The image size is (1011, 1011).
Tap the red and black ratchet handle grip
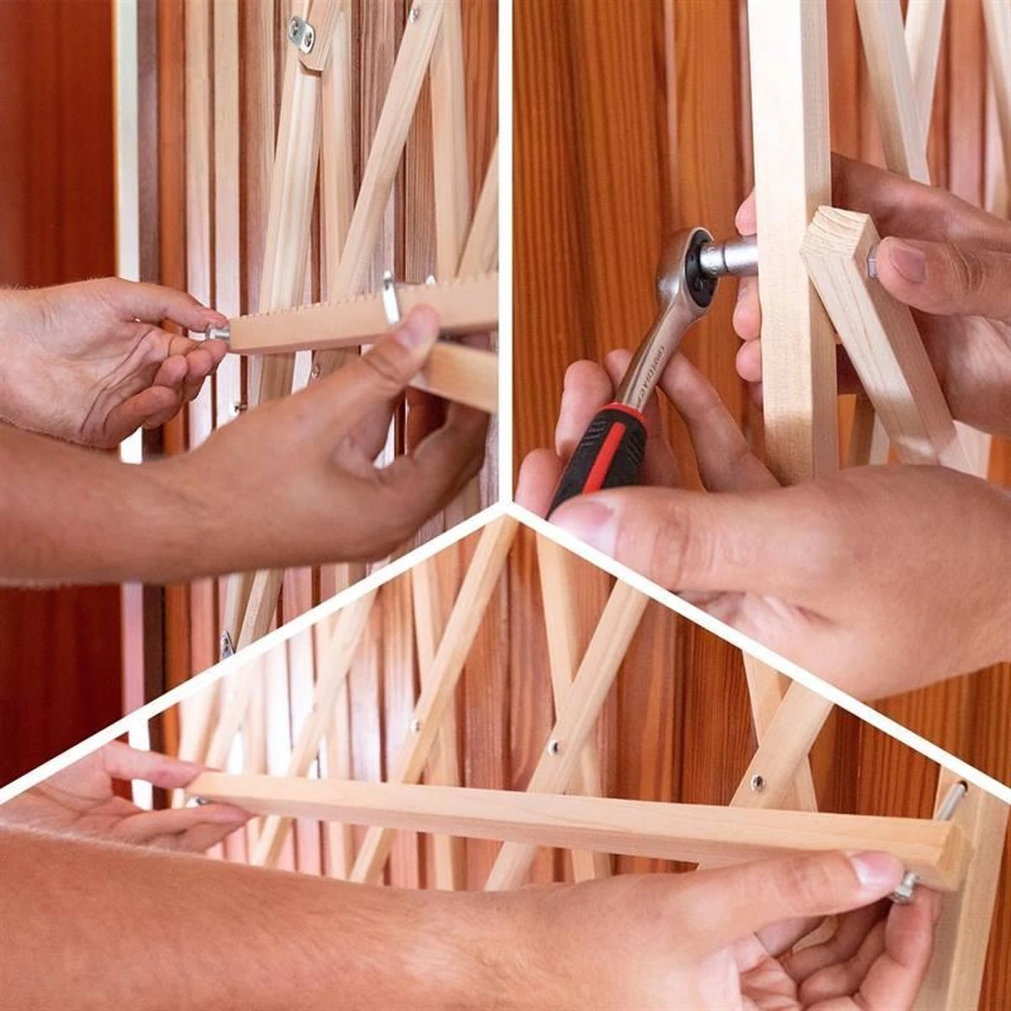pyautogui.click(x=600, y=455)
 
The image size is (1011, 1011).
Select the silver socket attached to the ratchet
pyautogui.click(x=730, y=255)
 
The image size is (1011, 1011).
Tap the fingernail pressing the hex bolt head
pyautogui.click(x=907, y=260)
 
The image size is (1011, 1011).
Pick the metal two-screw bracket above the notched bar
pyautogui.click(x=301, y=35)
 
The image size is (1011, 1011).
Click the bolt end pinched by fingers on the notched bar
pyautogui.click(x=217, y=334)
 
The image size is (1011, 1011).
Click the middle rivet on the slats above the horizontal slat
pyautogui.click(x=554, y=746)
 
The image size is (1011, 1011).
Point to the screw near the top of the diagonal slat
pyautogui.click(x=415, y=13)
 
